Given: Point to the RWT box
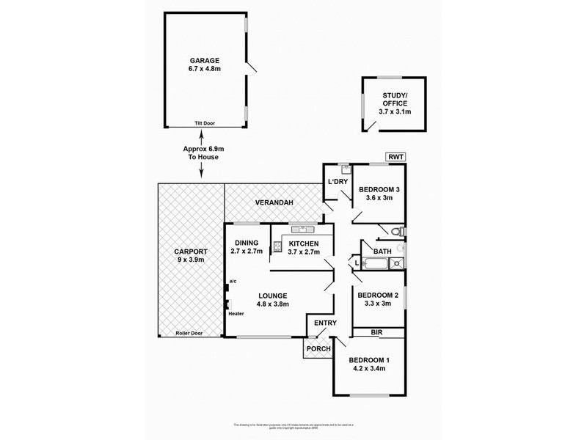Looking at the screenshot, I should click(395, 156).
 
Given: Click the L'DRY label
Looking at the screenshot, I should click(338, 181).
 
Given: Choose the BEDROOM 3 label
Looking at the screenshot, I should click(378, 193).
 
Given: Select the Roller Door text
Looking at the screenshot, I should click(189, 334).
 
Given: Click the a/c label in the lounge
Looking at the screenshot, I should click(232, 281).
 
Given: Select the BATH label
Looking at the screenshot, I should click(382, 251).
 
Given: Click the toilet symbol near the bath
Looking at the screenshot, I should click(396, 232).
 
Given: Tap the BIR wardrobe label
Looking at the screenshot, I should click(376, 333).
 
